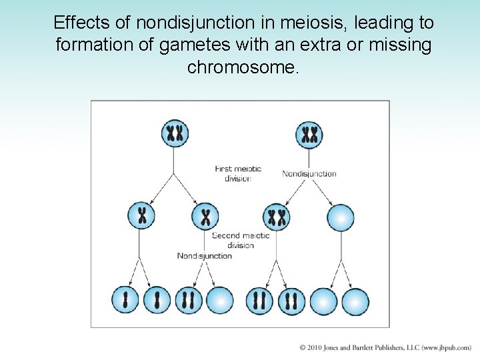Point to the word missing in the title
[x=400, y=45]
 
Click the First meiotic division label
[x=238, y=173]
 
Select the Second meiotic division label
[x=241, y=240]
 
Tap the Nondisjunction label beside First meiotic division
[x=309, y=174]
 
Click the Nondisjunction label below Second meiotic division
[x=204, y=256]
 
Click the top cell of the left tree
[x=175, y=133]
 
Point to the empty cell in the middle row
[x=341, y=217]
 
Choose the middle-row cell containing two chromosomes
[x=276, y=217]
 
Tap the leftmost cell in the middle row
[x=141, y=216]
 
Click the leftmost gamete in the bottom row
[x=125, y=301]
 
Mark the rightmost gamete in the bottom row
[x=355, y=301]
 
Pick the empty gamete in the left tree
[x=220, y=301]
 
